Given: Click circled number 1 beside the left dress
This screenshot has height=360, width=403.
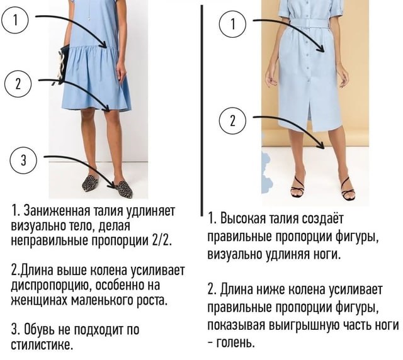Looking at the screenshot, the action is [x=14, y=21].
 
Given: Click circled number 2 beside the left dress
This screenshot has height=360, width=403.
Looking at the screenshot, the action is [x=18, y=84].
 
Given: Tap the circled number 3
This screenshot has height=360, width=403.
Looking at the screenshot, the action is [x=23, y=160].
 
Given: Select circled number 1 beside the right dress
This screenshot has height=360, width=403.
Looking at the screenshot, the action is [x=232, y=24].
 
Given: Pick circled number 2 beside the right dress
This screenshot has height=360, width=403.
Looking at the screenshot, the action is [x=232, y=120].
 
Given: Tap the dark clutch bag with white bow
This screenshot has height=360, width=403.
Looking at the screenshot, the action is [x=62, y=64].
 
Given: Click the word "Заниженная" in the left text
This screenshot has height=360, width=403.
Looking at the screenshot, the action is [x=56, y=211].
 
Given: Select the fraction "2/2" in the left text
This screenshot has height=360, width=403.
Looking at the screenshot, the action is [x=161, y=240].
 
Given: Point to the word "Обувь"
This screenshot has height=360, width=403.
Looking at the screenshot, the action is [x=40, y=329].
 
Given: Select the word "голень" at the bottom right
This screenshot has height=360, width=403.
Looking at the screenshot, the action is [x=236, y=342].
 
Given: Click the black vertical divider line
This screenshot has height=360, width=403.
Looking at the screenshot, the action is [x=202, y=110].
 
